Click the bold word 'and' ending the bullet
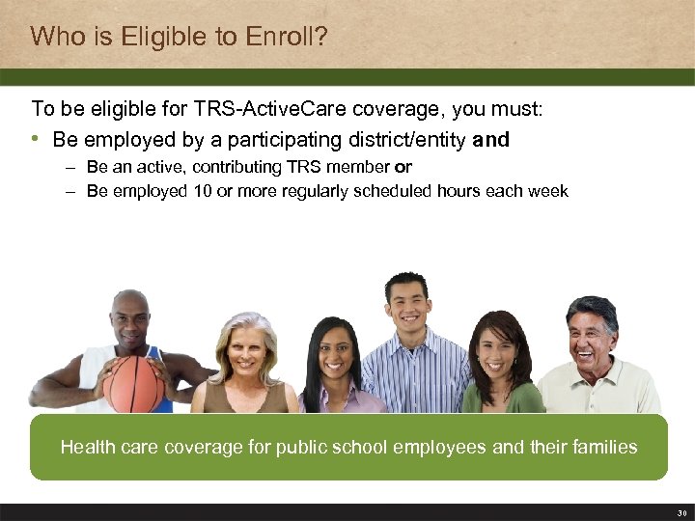[490, 140]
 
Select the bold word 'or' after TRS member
[403, 167]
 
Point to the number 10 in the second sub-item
[202, 191]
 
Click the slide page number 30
[681, 512]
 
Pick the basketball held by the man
[133, 383]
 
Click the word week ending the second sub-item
[550, 191]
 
